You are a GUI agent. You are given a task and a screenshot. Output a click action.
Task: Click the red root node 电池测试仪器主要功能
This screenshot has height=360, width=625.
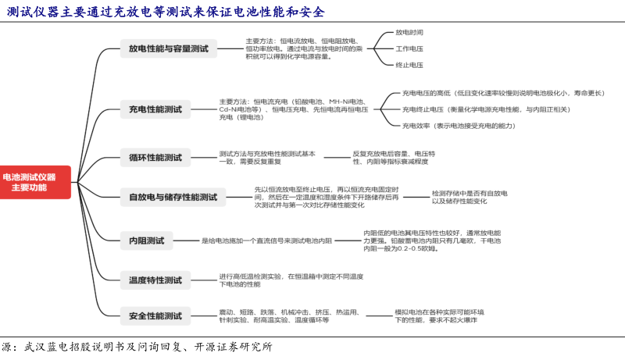[x=34, y=182]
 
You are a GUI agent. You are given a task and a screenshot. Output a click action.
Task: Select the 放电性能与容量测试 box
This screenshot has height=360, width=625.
[x=169, y=48]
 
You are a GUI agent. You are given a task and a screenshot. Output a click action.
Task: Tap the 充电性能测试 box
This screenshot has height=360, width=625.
[x=155, y=109]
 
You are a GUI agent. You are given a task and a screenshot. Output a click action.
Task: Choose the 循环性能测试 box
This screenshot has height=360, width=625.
[x=155, y=158]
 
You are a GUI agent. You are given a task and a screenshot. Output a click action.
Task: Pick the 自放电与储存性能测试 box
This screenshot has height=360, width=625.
[x=173, y=198]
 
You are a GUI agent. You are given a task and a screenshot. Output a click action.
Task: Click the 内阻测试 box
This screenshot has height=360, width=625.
[x=146, y=241]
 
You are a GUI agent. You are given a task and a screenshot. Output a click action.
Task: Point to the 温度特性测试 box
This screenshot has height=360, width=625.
[x=155, y=279]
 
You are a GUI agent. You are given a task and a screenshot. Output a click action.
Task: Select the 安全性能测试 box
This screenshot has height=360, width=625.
[x=155, y=316]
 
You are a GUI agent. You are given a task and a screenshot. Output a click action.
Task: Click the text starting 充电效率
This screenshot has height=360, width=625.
[x=459, y=126]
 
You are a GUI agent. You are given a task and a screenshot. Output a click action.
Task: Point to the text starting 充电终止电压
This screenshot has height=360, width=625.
[x=485, y=109]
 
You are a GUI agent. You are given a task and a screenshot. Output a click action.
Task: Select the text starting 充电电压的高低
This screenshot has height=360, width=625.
[x=503, y=93]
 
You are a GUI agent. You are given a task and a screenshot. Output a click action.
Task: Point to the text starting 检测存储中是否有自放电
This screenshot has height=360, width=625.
[x=469, y=197]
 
